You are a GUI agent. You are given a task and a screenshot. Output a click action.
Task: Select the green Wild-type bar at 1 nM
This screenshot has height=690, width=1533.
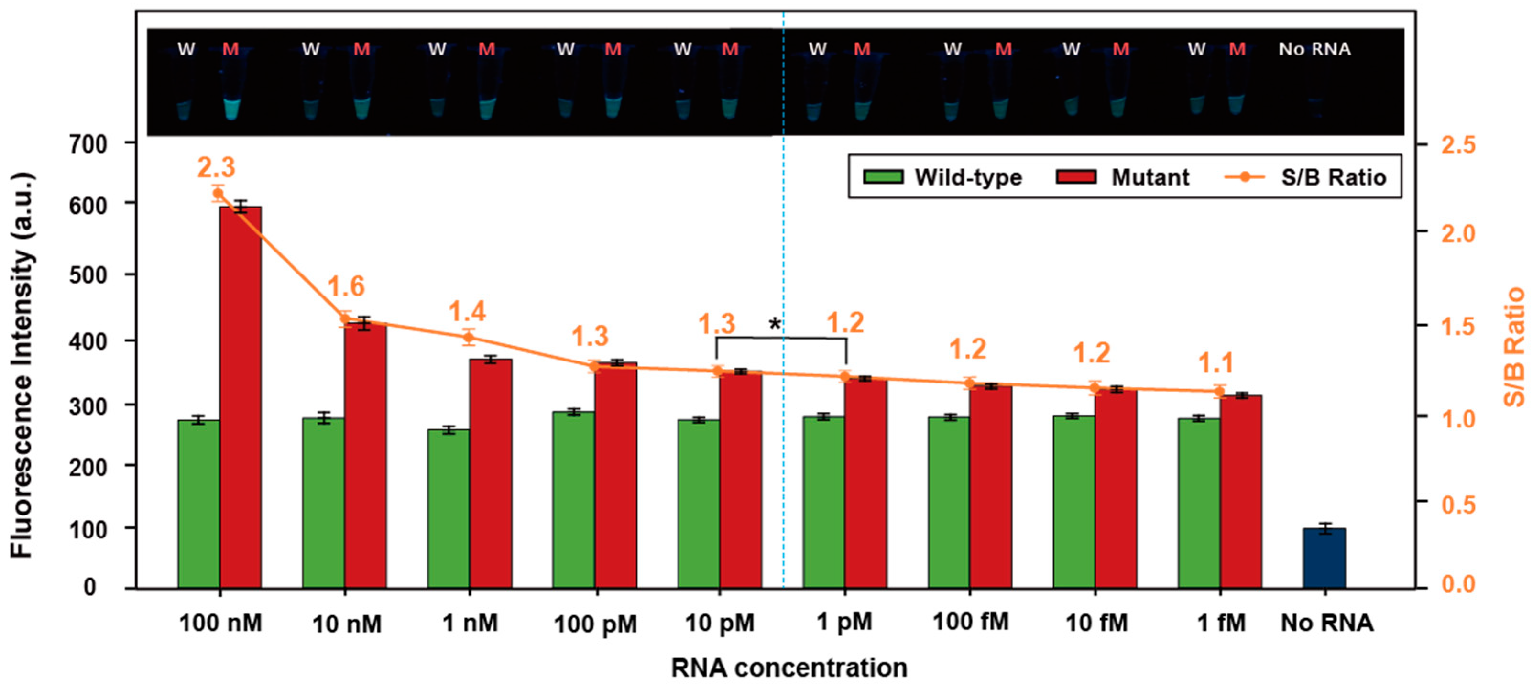(x=449, y=509)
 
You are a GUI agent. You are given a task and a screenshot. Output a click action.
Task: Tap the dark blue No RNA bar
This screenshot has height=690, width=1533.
(x=1324, y=558)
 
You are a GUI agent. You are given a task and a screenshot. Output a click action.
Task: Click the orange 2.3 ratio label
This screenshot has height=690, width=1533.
(x=216, y=168)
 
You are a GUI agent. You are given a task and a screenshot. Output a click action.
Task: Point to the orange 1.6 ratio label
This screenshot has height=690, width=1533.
(x=346, y=287)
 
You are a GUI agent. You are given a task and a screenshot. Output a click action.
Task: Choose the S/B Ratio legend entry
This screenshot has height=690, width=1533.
(x=1306, y=177)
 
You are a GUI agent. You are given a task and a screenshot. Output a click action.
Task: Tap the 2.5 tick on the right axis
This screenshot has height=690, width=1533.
(x=1458, y=145)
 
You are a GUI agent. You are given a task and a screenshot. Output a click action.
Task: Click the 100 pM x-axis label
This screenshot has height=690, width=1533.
(x=595, y=624)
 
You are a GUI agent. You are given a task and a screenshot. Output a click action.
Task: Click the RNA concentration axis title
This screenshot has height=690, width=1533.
(x=789, y=668)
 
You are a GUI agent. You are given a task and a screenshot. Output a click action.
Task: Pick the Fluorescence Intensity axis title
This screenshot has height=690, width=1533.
(x=22, y=365)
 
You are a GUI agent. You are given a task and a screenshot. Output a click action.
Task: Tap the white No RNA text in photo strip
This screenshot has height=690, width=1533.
(x=1314, y=49)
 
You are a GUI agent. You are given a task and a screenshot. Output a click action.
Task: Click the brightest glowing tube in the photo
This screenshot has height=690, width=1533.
(x=231, y=109)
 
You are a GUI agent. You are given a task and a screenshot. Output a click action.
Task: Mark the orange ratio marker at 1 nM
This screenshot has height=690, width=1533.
(x=469, y=338)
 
